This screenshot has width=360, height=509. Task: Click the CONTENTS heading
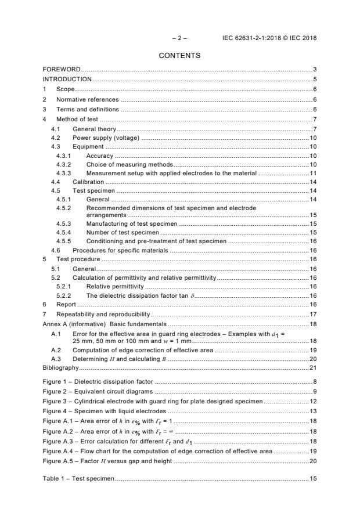pos(179,56)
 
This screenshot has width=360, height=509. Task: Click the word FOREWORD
pos(62,69)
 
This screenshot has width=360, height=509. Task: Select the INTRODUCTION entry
pos(67,79)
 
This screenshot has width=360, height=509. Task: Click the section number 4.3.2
pos(63,165)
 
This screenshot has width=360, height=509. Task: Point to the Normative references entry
pos(87,99)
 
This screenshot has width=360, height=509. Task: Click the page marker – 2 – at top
pos(179,38)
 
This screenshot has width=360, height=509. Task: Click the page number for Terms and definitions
pos(314,109)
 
